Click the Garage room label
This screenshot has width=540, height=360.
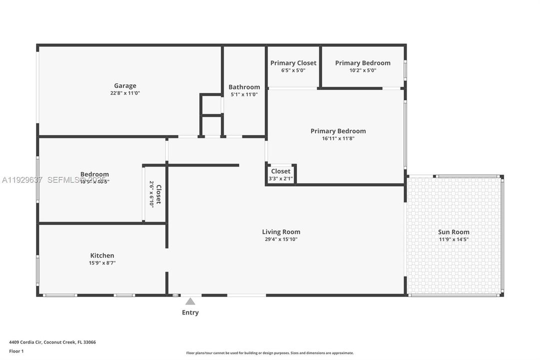coord(125,85)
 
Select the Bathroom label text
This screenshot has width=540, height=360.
coord(244,87)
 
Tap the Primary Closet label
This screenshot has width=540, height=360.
coord(293,63)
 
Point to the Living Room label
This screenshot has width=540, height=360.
coord(281,231)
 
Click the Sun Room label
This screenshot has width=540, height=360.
coord(454,232)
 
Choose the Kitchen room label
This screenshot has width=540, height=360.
coord(102,255)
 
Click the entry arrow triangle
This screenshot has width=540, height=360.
coord(190,301)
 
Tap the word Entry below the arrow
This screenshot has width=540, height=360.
coord(190,312)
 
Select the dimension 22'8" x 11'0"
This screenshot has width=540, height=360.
coord(125,93)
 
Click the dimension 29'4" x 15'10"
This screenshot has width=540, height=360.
coord(281,239)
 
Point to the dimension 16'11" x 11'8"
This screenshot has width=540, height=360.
coord(338,138)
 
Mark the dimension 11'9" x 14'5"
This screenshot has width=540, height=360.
coord(454,239)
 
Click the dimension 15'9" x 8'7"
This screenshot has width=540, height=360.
coord(102,263)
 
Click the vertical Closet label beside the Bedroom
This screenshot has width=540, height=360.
coord(158,194)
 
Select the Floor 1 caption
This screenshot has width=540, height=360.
coord(16,351)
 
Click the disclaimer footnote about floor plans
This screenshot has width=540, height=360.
coord(270,353)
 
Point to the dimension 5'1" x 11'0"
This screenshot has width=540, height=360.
coord(244,94)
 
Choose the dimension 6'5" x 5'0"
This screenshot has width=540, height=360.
coord(293,70)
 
